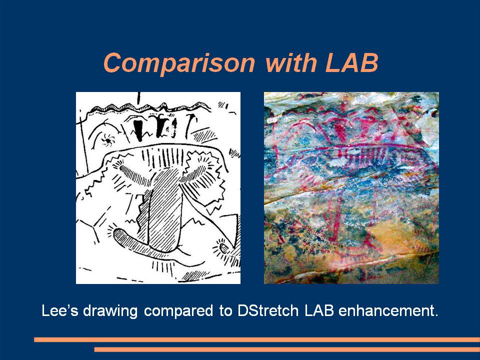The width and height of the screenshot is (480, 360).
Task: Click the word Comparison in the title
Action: pos(179,63)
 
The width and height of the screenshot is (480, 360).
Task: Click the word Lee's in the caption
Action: pos(59,310)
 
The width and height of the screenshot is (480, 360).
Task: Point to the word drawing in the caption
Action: pos(110,311)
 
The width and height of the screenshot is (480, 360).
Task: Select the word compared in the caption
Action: pos(178,311)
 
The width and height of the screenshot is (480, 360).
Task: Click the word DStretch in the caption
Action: pos(267,310)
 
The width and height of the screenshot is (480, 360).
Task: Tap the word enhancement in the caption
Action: pos(388,310)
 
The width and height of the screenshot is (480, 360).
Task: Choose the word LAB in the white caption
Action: pos(318,310)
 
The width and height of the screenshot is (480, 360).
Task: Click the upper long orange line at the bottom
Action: pos(257,339)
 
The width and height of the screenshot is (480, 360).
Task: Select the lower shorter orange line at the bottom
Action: pos(287,349)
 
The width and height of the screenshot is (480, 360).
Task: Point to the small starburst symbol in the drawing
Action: pos(108,139)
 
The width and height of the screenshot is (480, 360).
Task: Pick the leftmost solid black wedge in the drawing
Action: pos(138,129)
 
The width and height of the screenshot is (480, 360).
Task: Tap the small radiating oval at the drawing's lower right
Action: pos(224,248)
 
